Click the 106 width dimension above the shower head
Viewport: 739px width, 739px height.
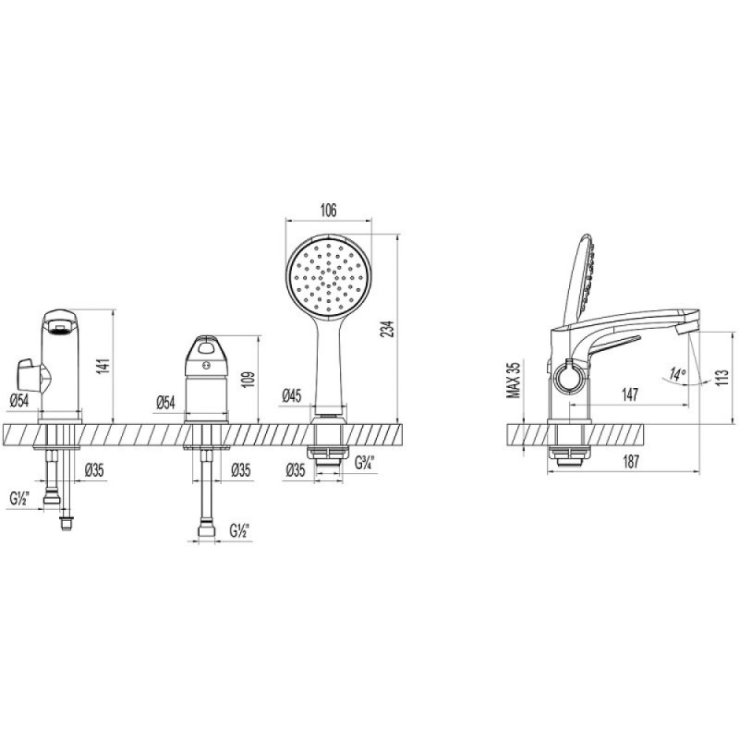(x=329, y=211)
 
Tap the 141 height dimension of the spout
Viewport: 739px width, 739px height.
(x=103, y=366)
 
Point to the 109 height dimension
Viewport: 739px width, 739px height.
(x=249, y=380)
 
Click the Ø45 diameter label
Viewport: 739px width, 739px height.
(x=292, y=396)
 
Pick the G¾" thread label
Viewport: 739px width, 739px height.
(x=364, y=463)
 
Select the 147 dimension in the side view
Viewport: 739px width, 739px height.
(x=630, y=394)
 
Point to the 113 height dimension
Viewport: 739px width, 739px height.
(x=721, y=377)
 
